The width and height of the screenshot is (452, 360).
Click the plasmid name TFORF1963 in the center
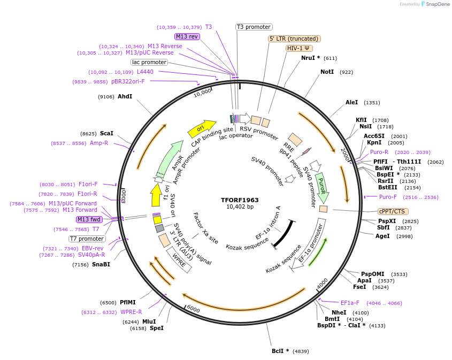(x=240, y=200)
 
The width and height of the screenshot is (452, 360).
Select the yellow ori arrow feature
(x=200, y=129)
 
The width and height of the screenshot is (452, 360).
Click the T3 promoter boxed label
(x=254, y=27)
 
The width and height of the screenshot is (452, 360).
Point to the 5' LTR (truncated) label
(x=294, y=39)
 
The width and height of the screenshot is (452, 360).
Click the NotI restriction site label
(x=327, y=72)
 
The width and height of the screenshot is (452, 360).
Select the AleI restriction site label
(x=351, y=102)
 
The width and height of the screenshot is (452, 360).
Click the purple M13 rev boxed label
(x=187, y=36)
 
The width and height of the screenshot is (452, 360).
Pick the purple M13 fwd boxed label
(x=89, y=219)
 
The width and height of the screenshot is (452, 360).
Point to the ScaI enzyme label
(x=106, y=133)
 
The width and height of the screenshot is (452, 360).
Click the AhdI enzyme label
(x=125, y=96)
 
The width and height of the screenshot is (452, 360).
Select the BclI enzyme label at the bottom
(x=280, y=351)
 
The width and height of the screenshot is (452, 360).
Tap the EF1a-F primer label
(x=350, y=303)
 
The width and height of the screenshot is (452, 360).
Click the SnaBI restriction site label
(x=101, y=264)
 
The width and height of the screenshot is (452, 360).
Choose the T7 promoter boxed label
(x=87, y=239)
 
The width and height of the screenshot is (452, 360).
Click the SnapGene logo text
(x=436, y=4)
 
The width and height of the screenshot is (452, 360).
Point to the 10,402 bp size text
(x=240, y=207)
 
